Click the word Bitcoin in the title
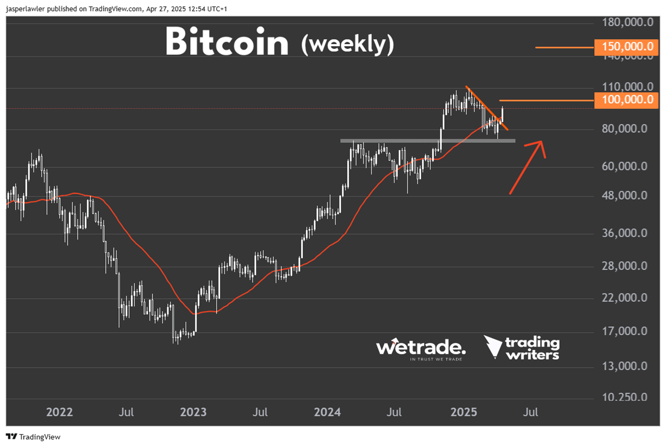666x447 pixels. (x=227, y=42)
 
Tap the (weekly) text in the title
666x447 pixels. (x=347, y=44)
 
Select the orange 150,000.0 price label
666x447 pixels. (x=627, y=47)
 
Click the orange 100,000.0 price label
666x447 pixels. (x=627, y=100)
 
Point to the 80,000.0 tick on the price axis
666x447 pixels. (x=624, y=129)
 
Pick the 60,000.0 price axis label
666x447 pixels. (x=624, y=166)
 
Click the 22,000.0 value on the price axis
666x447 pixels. (x=624, y=298)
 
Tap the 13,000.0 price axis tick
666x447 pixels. (x=624, y=366)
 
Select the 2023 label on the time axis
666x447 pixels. (x=193, y=412)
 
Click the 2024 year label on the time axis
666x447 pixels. (x=327, y=412)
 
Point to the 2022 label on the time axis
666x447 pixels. (x=59, y=412)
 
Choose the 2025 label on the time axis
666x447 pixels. (x=464, y=412)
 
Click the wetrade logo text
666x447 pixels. (x=421, y=348)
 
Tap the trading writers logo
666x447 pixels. (x=522, y=348)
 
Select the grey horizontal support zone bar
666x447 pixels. (x=427, y=141)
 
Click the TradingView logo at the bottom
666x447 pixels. (x=33, y=437)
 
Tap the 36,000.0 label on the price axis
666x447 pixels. (x=624, y=233)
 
